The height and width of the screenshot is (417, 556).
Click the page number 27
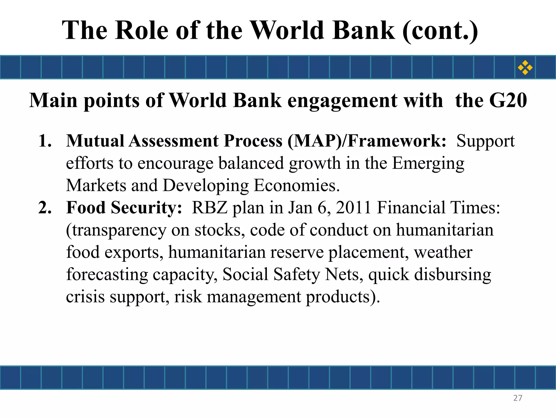point(517,398)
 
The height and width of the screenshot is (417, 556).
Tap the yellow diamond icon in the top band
point(525,67)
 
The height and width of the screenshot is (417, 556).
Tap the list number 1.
point(45,141)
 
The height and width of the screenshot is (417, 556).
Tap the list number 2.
point(45,208)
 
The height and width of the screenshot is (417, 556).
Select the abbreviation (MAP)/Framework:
point(367,141)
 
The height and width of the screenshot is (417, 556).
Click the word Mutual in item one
point(95,141)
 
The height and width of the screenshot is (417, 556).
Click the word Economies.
point(296,186)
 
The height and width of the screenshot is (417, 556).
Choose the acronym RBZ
point(209,208)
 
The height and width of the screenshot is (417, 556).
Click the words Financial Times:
point(438,208)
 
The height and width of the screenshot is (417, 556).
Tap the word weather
point(443,252)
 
